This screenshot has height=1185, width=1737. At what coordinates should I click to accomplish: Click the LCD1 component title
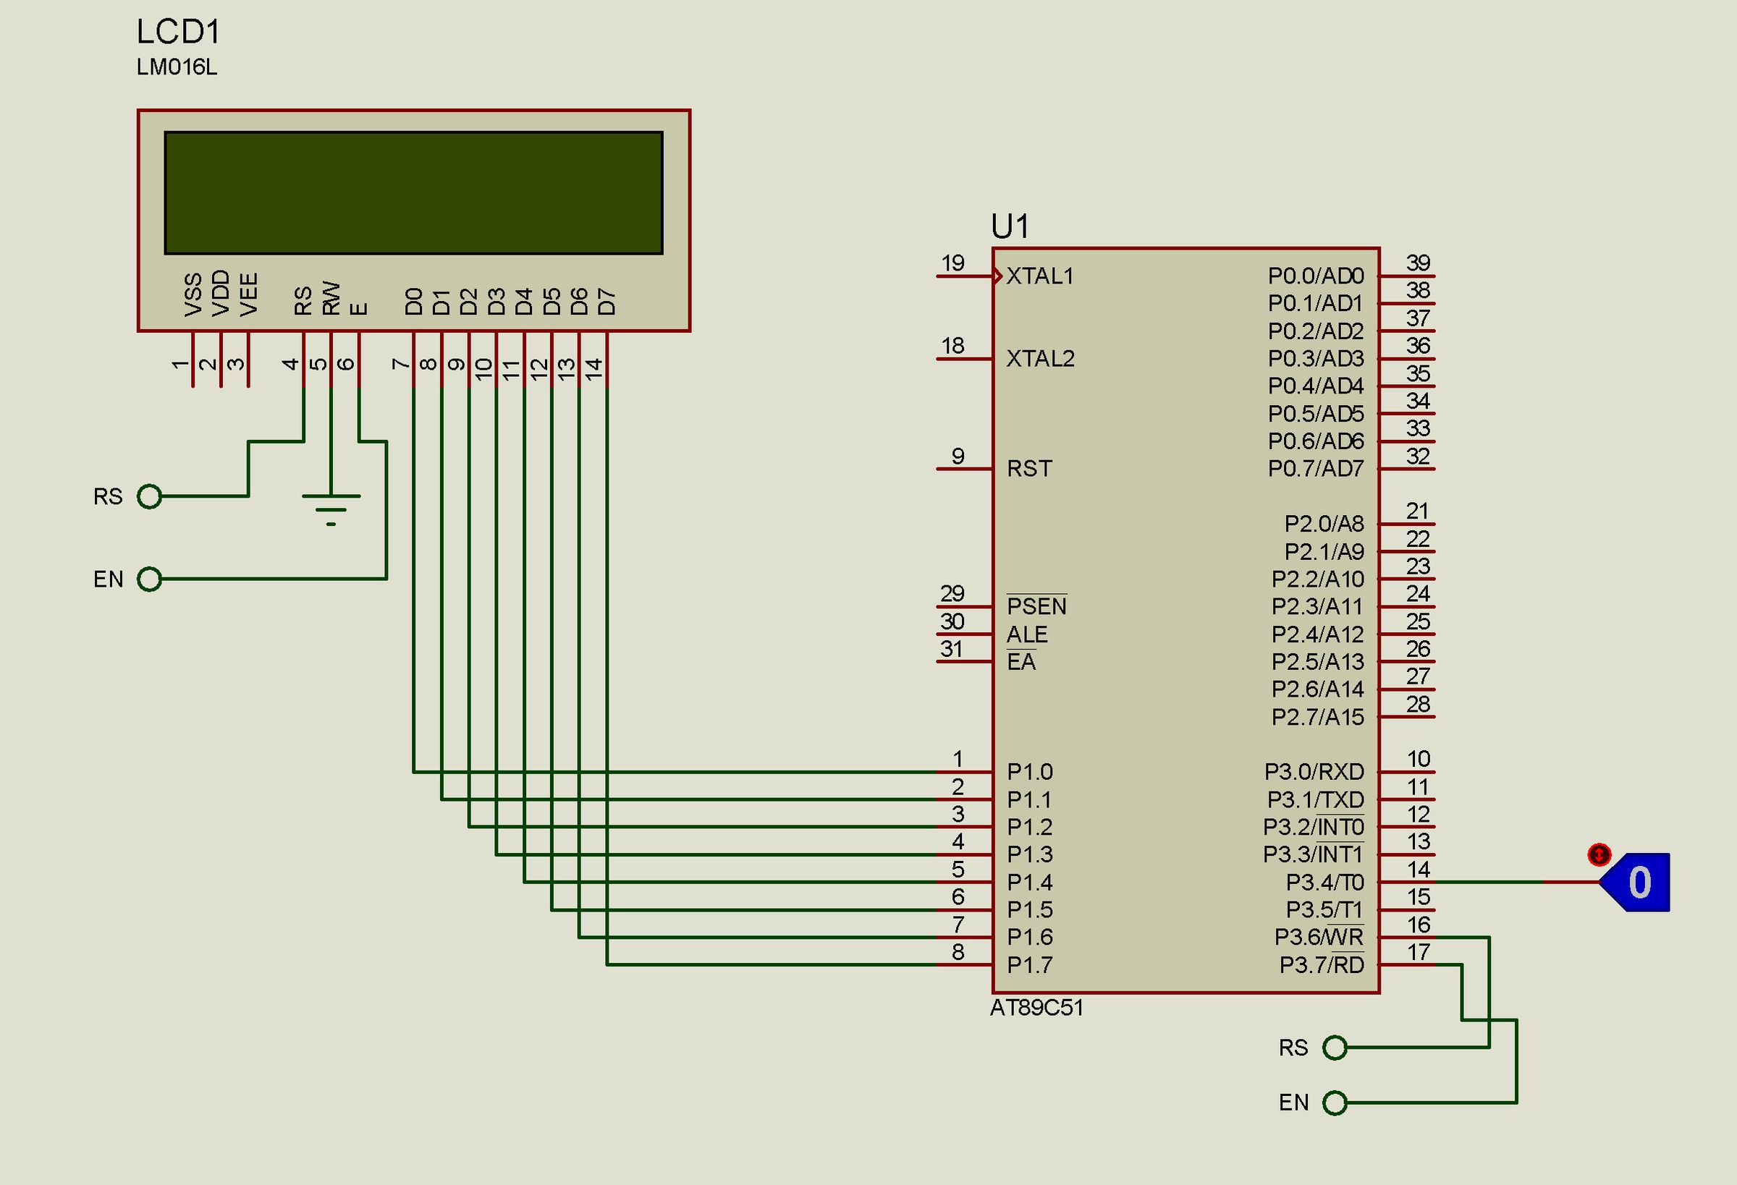click(x=179, y=32)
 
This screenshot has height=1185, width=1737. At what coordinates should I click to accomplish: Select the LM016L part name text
click(x=177, y=67)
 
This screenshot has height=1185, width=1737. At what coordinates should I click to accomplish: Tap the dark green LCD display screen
click(x=413, y=192)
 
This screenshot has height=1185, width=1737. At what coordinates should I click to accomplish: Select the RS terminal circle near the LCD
click(x=150, y=496)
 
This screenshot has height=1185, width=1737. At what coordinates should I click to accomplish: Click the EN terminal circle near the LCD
click(x=150, y=579)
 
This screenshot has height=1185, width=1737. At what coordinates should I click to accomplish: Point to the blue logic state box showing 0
click(x=1639, y=882)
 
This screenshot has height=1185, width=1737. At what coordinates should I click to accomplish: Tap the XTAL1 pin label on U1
click(x=1039, y=276)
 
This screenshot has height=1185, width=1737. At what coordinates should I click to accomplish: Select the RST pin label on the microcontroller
click(x=1029, y=469)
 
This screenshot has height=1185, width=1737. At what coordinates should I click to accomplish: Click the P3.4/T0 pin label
click(x=1324, y=883)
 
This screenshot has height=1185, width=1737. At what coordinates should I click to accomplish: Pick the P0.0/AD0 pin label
click(x=1316, y=276)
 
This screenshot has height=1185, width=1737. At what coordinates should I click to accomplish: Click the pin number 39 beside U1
click(x=1418, y=263)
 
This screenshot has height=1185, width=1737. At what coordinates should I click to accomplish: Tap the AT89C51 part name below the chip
click(x=1036, y=1008)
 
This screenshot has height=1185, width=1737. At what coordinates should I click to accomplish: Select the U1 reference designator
click(x=1010, y=226)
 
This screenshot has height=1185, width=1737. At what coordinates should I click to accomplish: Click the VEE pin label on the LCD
click(x=249, y=294)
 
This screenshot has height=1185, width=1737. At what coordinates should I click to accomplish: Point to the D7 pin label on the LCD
click(x=607, y=302)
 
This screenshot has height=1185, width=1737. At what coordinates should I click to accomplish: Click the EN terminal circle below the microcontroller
click(x=1334, y=1103)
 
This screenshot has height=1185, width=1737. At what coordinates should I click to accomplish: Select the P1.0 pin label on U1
click(x=1029, y=772)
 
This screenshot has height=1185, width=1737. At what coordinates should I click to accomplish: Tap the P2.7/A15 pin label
click(x=1318, y=717)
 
